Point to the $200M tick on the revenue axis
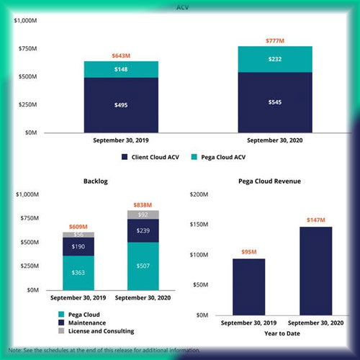tap(199, 194)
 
